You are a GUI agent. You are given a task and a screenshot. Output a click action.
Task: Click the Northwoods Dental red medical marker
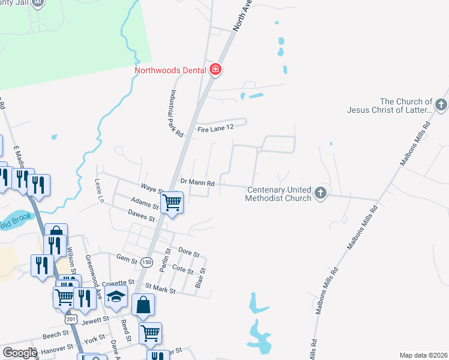pyautogui.click(x=215, y=70)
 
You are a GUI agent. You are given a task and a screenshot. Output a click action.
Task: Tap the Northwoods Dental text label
pyautogui.click(x=170, y=70)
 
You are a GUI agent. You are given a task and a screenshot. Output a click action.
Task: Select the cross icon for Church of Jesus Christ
pyautogui.click(x=441, y=106)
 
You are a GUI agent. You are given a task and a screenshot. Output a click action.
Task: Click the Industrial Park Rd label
pyautogui.click(x=175, y=114)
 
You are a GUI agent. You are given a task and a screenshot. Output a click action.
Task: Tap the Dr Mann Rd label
pyautogui.click(x=197, y=182)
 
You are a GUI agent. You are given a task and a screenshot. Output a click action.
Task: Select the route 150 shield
pyautogui.click(x=146, y=262)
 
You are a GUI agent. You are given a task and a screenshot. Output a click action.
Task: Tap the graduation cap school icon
pyautogui.click(x=116, y=295)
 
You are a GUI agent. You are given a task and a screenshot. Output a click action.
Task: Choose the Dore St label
pyautogui.click(x=188, y=253)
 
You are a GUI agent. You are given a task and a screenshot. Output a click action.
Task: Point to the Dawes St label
pyautogui.click(x=142, y=214)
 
